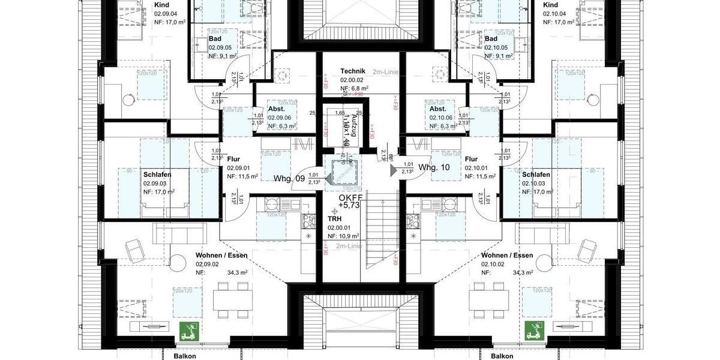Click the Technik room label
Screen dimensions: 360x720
coord(353,71)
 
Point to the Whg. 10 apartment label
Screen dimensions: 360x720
coord(434,167)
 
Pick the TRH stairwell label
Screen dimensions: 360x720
coord(334,220)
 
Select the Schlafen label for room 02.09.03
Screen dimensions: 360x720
coord(157,175)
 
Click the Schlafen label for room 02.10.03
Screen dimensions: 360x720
coord(536,175)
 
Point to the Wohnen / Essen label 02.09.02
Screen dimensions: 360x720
coord(221,255)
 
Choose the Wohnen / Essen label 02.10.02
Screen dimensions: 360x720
coord(507,255)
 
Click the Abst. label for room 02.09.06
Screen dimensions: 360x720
coord(276,109)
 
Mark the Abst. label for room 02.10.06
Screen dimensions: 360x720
coord(437,109)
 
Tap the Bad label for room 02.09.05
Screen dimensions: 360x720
coord(215,38)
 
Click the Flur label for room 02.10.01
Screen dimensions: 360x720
coord(471,160)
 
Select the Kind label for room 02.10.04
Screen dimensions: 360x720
coord(551,5)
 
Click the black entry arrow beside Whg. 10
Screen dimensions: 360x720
coord(394,170)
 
